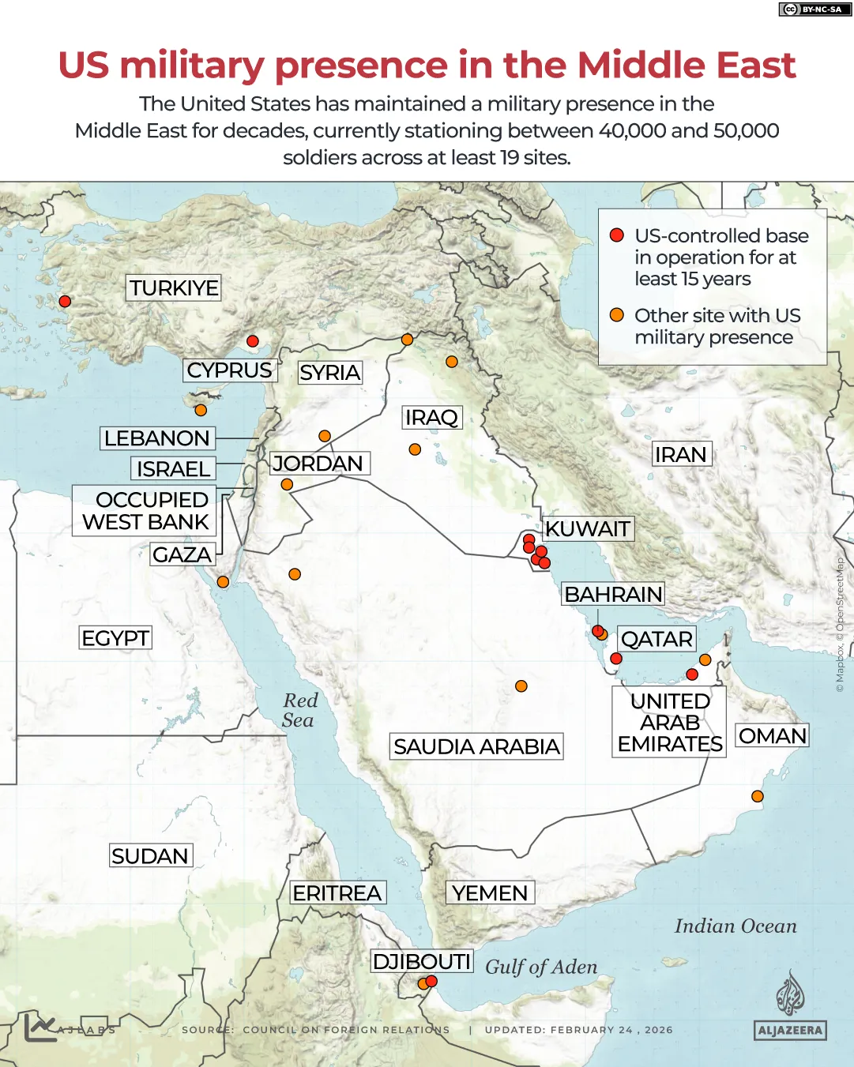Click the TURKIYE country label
tap(174, 287)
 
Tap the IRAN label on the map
tap(680, 454)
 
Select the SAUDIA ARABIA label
tap(476, 746)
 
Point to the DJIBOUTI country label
tap(422, 961)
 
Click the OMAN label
tap(772, 736)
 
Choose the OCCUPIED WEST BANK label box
tap(146, 511)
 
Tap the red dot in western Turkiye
tap(65, 301)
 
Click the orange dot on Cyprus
tap(201, 410)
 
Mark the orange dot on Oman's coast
tap(757, 796)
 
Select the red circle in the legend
tap(617, 235)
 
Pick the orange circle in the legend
tap(617, 315)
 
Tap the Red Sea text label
tap(299, 710)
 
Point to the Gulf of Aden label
tap(541, 967)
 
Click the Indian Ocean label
tap(735, 926)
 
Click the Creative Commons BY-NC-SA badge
tap(813, 9)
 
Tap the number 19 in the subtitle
tap(510, 157)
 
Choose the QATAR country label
tap(656, 639)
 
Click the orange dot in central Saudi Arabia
tap(521, 686)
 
